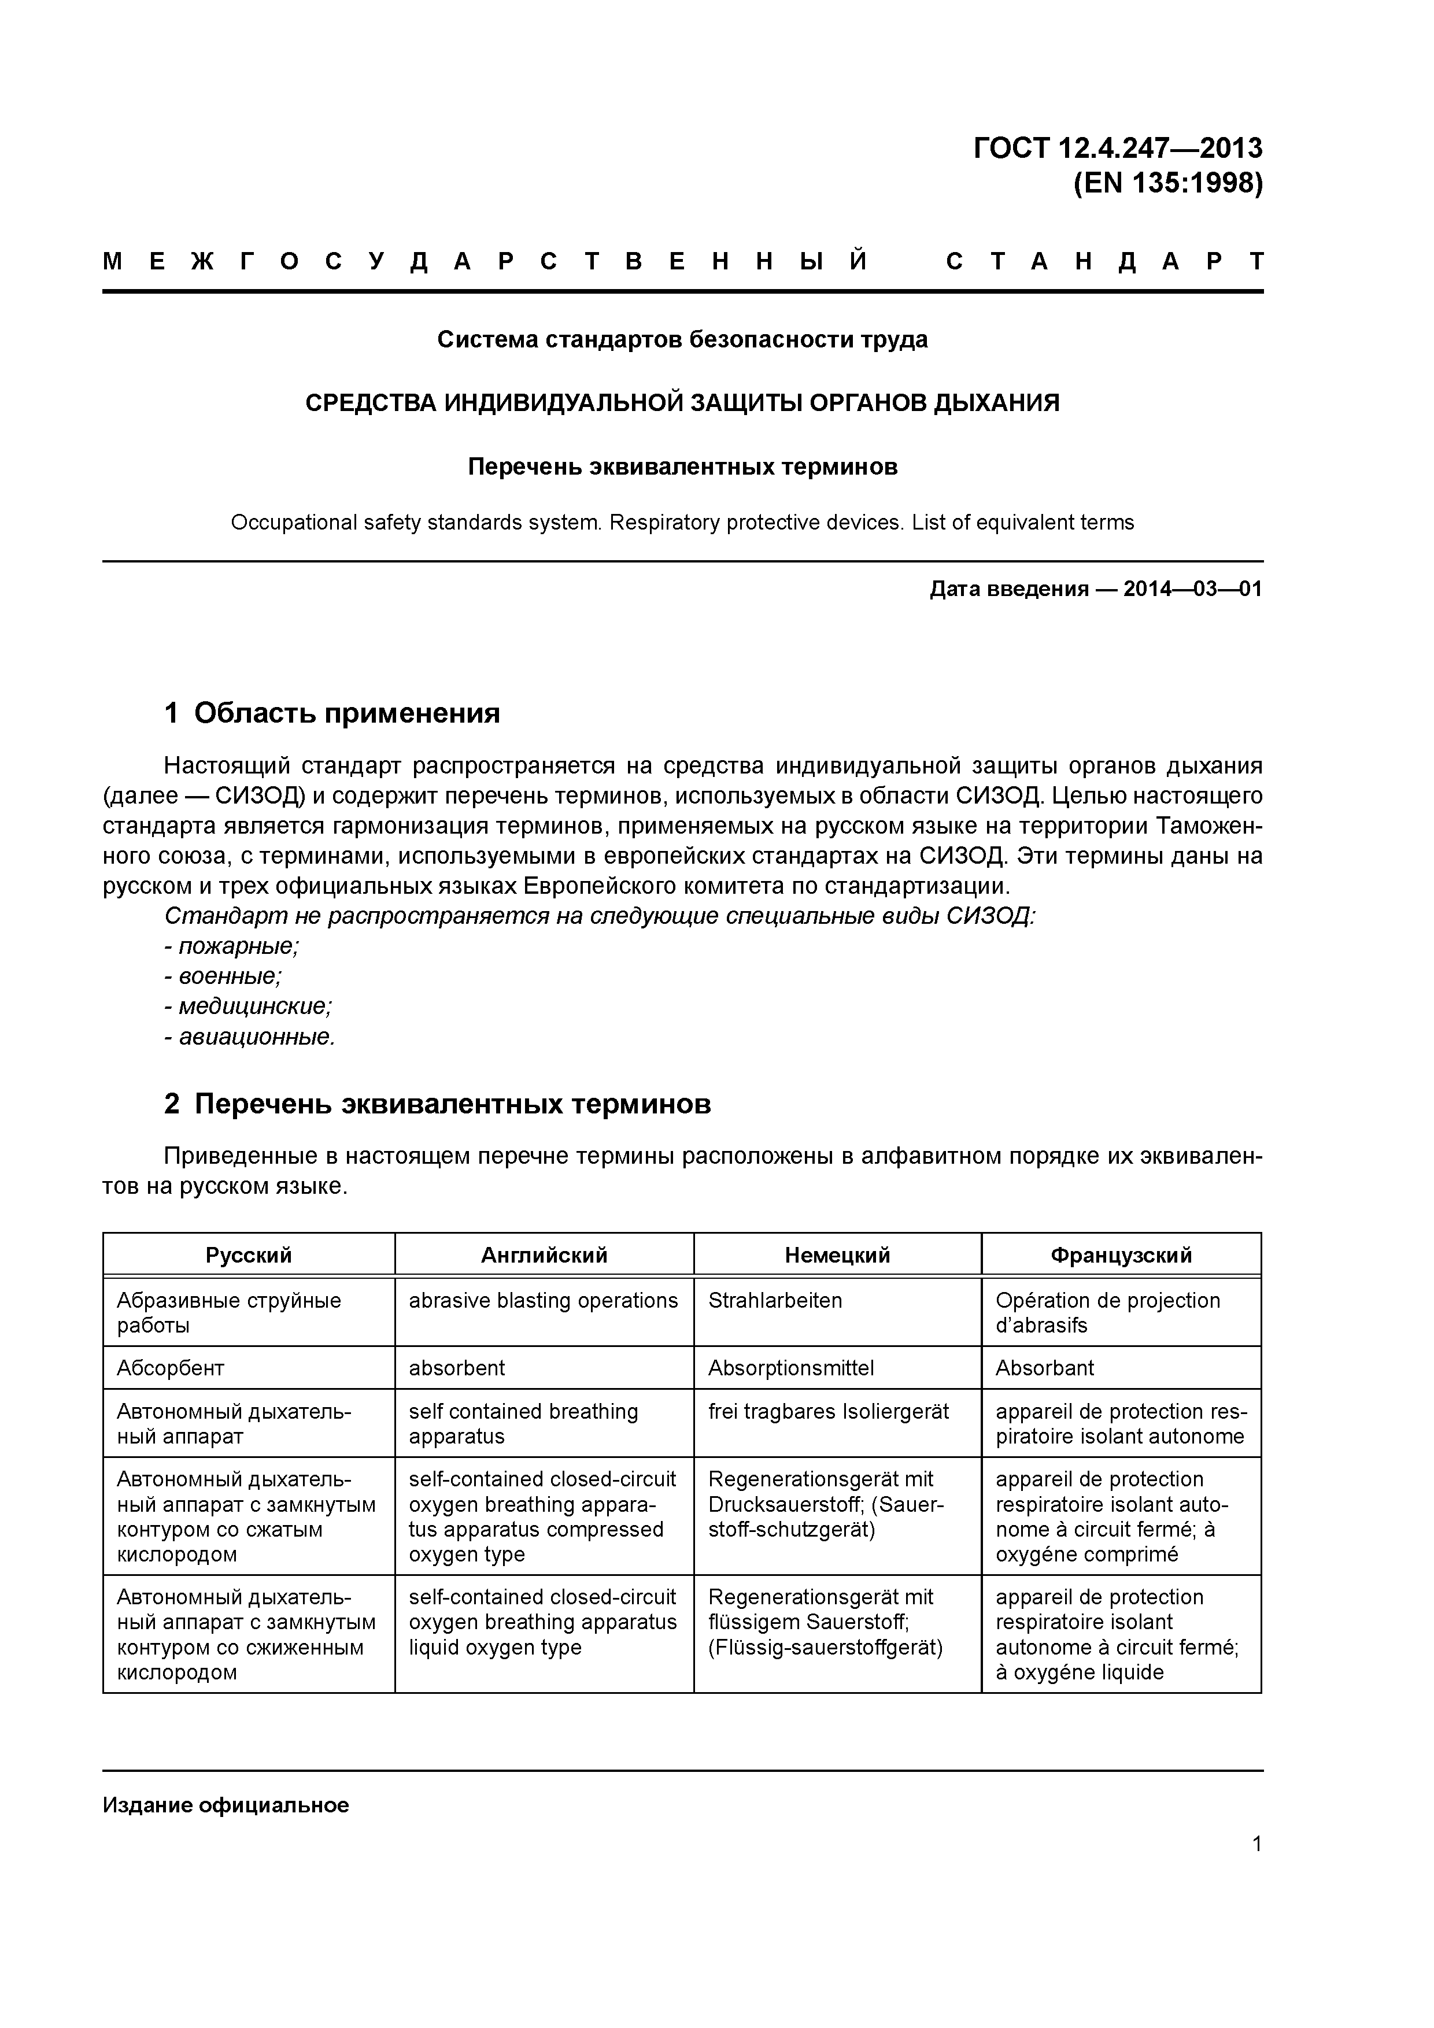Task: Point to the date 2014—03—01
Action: [1192, 589]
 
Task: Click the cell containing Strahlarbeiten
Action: [775, 1301]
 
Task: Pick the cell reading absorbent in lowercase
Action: [457, 1368]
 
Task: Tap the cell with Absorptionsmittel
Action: [791, 1368]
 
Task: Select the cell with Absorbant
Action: [1044, 1368]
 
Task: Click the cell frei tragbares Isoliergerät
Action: [828, 1412]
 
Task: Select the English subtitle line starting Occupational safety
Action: [682, 523]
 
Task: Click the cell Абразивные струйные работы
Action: [229, 1312]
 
